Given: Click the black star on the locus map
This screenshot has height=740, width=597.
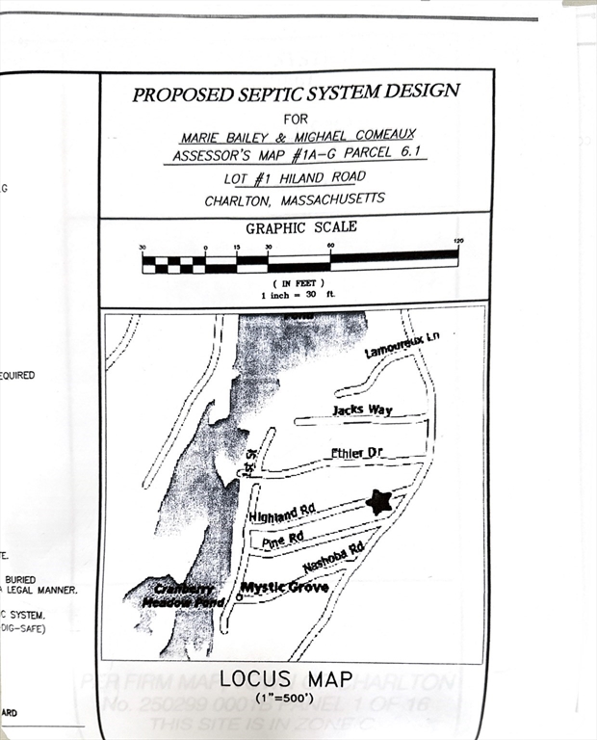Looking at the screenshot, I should [379, 501].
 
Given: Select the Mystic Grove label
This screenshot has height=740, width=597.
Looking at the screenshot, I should [284, 587].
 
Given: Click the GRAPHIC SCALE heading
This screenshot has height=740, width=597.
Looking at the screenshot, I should [300, 228].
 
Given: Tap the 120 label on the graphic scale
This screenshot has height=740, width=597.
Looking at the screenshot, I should [458, 240].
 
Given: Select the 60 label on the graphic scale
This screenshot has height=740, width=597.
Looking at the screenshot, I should [330, 247].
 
